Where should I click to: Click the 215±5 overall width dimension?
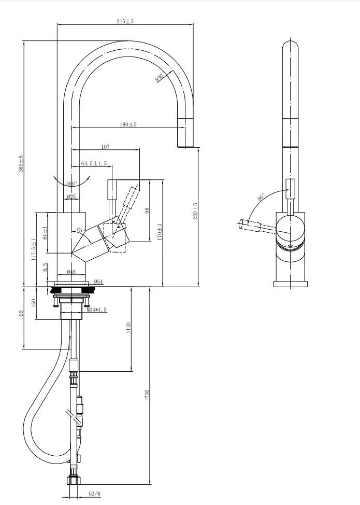[x=125, y=21]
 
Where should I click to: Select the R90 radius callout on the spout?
[x=159, y=78]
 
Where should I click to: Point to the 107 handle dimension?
[x=105, y=147]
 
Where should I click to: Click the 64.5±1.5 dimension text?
[x=94, y=164]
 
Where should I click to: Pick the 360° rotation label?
[x=71, y=184]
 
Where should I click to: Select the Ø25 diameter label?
[x=71, y=197]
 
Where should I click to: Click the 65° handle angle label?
[x=81, y=230]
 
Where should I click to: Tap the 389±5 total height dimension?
[x=21, y=164]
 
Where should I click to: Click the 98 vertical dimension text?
[x=147, y=211]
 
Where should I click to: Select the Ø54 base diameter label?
[x=98, y=282]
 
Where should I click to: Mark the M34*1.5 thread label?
[x=96, y=310]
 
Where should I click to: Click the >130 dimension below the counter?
[x=128, y=328]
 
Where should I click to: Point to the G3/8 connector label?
[x=94, y=494]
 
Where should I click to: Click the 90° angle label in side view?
[x=260, y=198]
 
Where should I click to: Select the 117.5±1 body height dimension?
[x=33, y=249]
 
